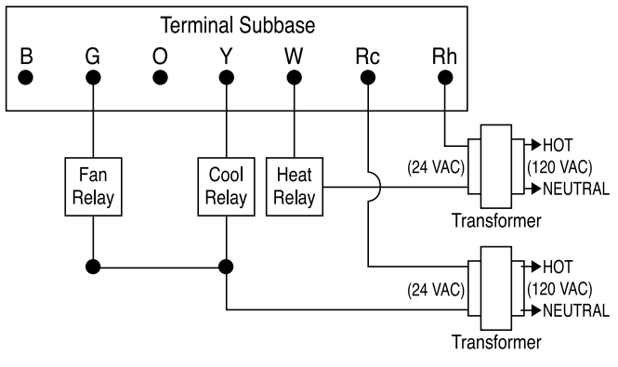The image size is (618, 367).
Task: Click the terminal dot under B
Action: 27,78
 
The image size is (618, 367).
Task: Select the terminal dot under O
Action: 161,78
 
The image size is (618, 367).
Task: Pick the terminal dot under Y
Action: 227,78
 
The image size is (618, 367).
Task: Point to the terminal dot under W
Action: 294,78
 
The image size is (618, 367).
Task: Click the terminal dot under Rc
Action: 368,78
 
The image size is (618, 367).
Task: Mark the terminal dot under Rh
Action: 445,78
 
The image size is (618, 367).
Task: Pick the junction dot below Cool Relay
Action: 227,267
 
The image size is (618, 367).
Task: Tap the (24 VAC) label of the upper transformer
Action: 436,168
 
